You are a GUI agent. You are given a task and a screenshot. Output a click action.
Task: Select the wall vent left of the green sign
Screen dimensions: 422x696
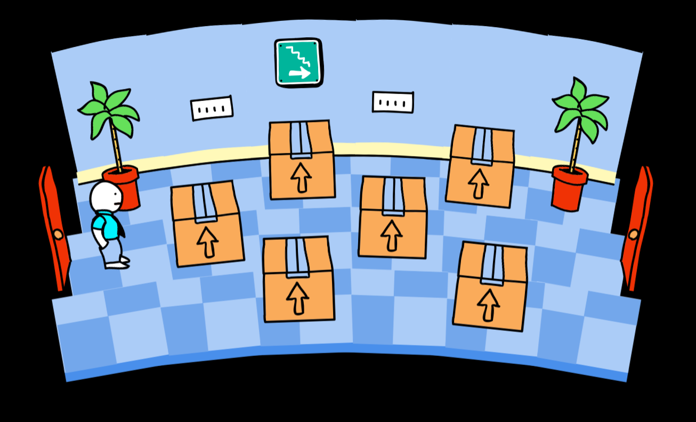click(212, 108)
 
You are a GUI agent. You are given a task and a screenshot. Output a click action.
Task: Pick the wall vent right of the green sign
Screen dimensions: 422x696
click(393, 102)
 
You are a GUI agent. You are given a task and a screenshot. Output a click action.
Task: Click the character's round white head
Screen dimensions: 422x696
click(106, 196)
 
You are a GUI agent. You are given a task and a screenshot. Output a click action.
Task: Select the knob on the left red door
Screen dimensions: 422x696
click(58, 234)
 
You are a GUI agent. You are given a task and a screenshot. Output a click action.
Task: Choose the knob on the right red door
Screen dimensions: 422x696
click(633, 233)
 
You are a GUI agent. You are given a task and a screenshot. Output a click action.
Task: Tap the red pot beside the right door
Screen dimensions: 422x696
click(570, 188)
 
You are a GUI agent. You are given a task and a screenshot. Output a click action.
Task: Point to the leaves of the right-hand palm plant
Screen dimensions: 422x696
click(580, 107)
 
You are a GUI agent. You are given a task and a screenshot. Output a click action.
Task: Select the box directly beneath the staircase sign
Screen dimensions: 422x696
click(302, 159)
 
